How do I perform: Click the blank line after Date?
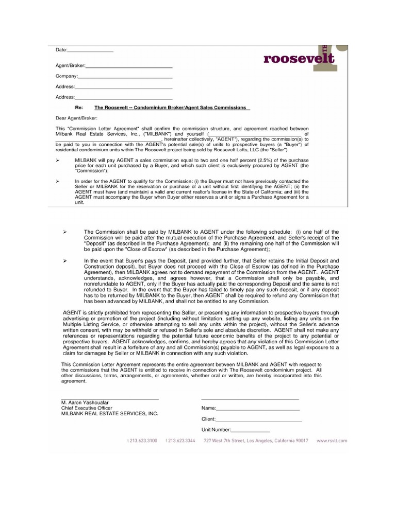(x=90, y=51)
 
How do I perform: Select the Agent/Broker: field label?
(x=71, y=66)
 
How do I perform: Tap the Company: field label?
(x=65, y=76)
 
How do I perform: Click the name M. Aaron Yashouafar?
(x=86, y=402)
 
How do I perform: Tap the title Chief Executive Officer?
(x=85, y=408)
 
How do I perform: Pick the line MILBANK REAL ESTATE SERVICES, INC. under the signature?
(x=109, y=413)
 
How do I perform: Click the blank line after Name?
(x=255, y=408)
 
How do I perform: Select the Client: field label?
(x=208, y=419)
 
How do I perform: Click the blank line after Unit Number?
(x=251, y=430)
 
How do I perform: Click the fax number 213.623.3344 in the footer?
(x=181, y=441)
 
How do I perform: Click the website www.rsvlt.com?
(x=332, y=441)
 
